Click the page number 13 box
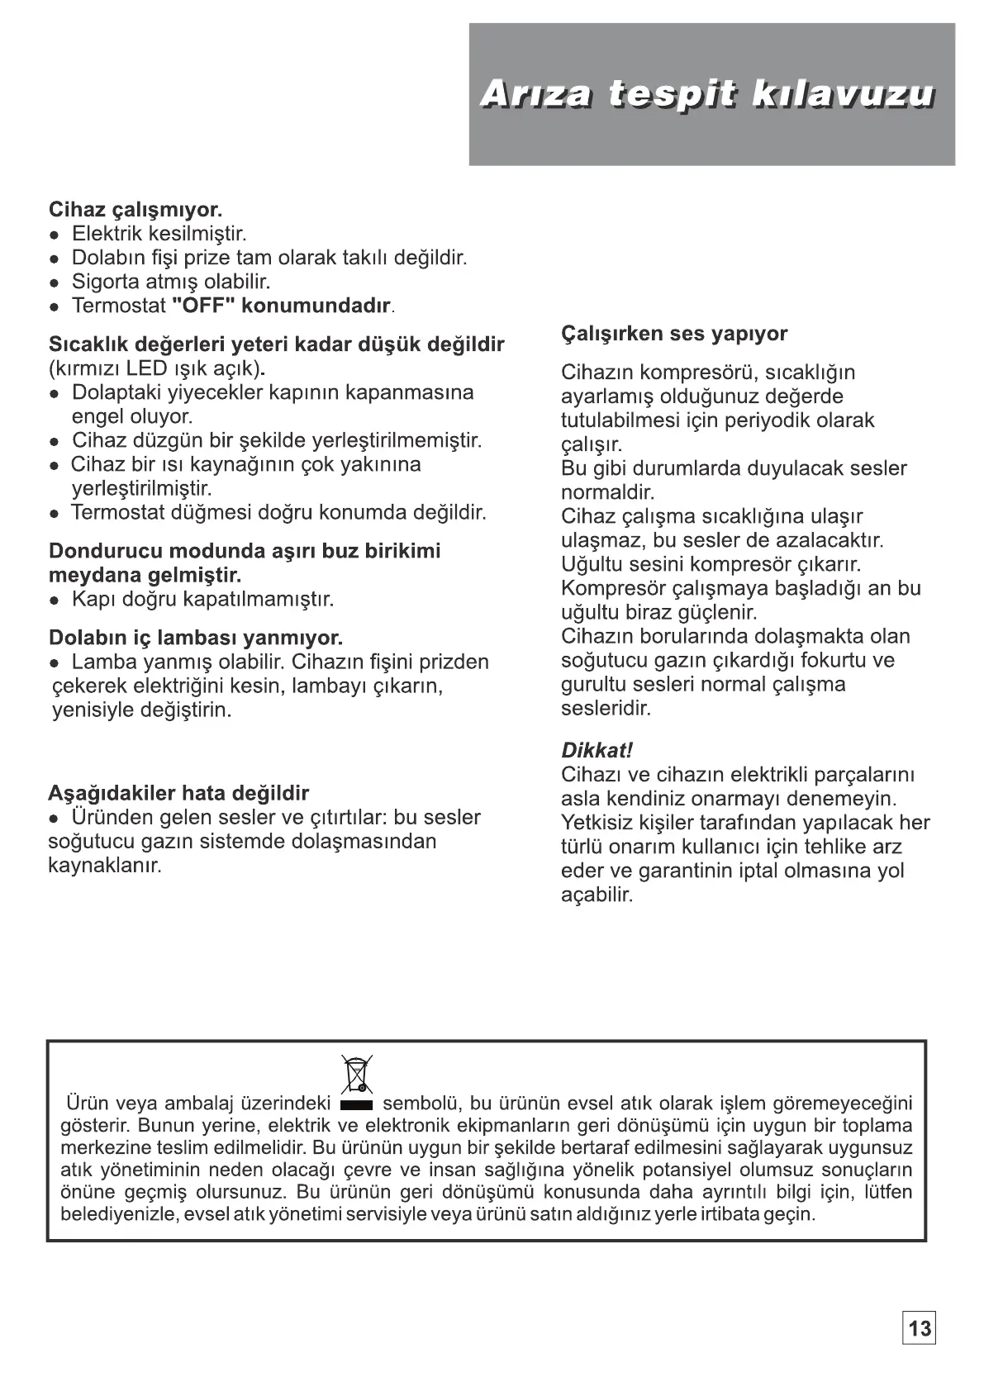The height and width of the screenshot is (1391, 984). [x=919, y=1328]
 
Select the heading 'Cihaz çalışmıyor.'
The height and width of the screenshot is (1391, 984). [x=135, y=210]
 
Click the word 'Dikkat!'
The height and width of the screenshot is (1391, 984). [x=597, y=751]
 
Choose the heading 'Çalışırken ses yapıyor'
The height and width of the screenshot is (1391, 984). [x=674, y=334]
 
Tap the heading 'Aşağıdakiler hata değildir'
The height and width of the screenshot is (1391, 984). [x=178, y=794]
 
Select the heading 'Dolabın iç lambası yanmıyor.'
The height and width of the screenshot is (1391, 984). [x=196, y=638]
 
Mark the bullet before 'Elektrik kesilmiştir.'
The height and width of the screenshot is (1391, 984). [x=54, y=235]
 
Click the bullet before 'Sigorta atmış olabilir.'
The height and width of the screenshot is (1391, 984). [x=54, y=282]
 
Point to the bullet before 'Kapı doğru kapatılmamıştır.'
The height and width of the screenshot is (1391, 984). [x=54, y=600]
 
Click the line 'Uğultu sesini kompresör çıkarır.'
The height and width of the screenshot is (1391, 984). [x=711, y=565]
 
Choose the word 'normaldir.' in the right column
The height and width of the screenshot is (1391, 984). [x=607, y=493]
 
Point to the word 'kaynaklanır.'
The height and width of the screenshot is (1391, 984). [x=105, y=866]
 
